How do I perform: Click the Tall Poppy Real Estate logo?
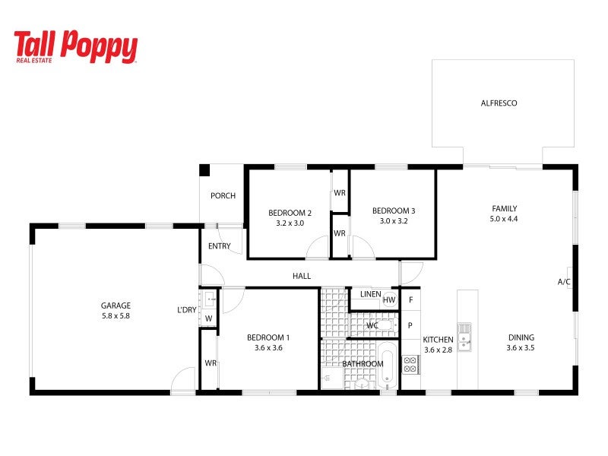tap(75, 46)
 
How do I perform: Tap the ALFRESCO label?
tap(499, 103)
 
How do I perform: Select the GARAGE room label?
tap(116, 306)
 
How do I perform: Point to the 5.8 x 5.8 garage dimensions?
tap(116, 316)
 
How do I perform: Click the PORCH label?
tap(223, 196)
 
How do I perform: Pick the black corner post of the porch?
tap(204, 169)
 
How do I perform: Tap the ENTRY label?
tap(219, 246)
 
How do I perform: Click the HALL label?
tap(302, 276)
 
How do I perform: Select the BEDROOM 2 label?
tap(290, 213)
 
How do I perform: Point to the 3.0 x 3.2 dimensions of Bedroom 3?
tap(394, 221)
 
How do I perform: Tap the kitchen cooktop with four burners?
tap(410, 365)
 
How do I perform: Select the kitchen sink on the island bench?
tap(464, 337)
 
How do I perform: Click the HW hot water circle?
tap(389, 299)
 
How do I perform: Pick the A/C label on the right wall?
tap(564, 282)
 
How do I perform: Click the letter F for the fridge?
tap(410, 299)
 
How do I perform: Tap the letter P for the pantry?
tap(410, 326)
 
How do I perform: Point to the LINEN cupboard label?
tap(371, 294)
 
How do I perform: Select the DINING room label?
tap(521, 337)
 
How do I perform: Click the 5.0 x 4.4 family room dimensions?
tap(504, 219)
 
